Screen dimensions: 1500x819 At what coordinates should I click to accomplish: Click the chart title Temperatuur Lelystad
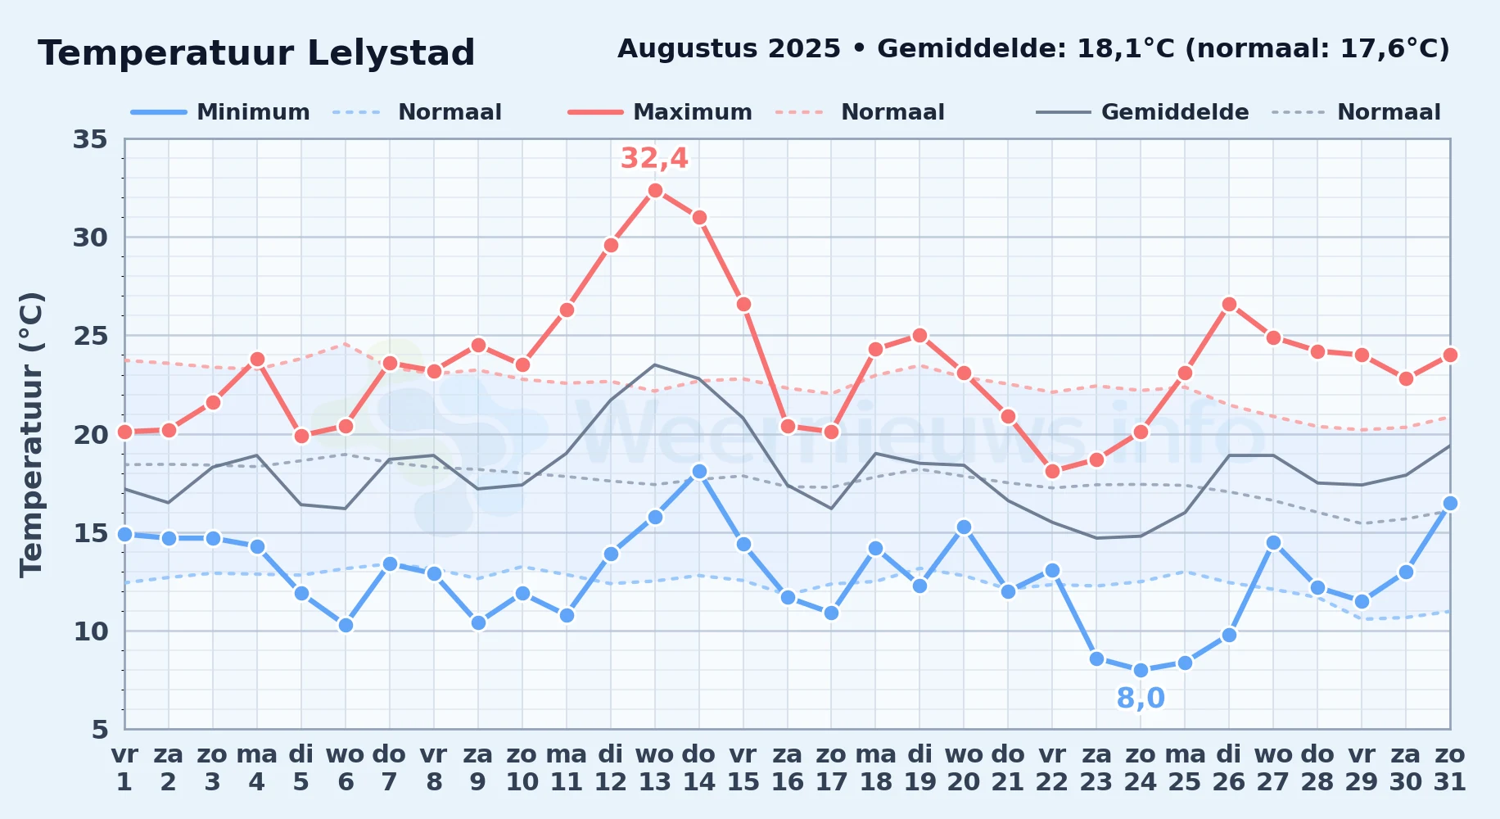coord(256,53)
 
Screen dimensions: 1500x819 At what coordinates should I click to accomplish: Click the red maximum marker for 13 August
coord(655,190)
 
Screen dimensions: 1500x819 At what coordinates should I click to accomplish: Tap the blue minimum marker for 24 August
coord(1141,670)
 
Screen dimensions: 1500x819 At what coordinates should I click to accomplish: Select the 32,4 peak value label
coord(654,158)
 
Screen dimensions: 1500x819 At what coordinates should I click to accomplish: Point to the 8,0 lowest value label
coord(1141,699)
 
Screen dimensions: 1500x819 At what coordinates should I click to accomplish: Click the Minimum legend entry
coord(221,112)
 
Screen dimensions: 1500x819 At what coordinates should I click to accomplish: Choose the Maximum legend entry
coord(661,112)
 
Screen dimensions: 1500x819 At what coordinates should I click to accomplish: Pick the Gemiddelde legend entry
coord(1143,112)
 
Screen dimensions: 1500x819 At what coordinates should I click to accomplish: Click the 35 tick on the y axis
coord(90,139)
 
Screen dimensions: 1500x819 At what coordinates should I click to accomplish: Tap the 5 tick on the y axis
coord(100,729)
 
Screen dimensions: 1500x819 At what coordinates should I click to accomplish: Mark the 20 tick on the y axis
coord(90,434)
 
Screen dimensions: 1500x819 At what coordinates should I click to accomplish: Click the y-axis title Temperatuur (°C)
coord(31,434)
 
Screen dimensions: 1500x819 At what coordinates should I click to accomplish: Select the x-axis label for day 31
coord(1450,768)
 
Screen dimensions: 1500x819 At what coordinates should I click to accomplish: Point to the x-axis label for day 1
coord(124,768)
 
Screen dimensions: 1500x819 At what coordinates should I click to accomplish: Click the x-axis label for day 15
coord(743,768)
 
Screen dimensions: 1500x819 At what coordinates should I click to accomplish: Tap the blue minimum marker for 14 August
coord(699,471)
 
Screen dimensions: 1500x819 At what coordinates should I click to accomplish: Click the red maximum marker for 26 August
coord(1229,304)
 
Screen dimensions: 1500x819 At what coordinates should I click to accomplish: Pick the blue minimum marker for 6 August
coord(346,625)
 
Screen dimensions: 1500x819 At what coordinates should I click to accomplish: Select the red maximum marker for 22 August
coord(1052,471)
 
